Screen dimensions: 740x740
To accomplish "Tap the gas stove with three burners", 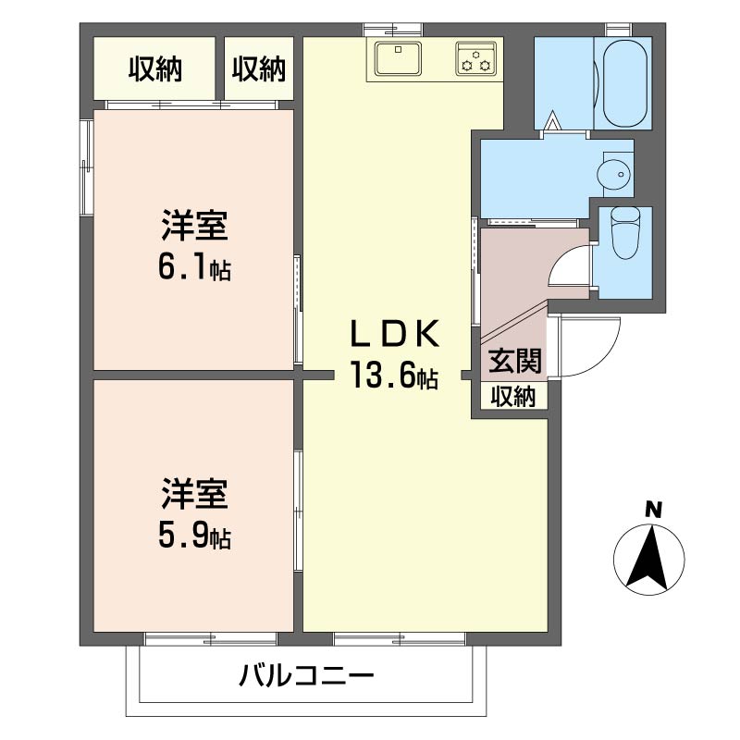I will tap(475, 58).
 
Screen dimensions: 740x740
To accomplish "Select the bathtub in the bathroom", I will tap(626, 82).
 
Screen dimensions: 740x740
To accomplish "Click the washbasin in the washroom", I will tap(612, 172).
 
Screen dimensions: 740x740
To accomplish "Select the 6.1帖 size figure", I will tap(193, 268).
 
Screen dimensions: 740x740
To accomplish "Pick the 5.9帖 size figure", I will tap(193, 536).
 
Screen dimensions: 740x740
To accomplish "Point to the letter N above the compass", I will tap(653, 509).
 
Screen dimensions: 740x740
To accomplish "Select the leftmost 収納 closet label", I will tap(154, 69).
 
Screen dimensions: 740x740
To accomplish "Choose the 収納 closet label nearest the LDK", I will tap(259, 69).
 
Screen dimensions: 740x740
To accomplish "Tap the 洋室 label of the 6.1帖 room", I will tap(194, 225).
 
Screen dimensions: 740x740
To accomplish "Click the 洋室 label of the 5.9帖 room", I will tap(194, 494).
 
